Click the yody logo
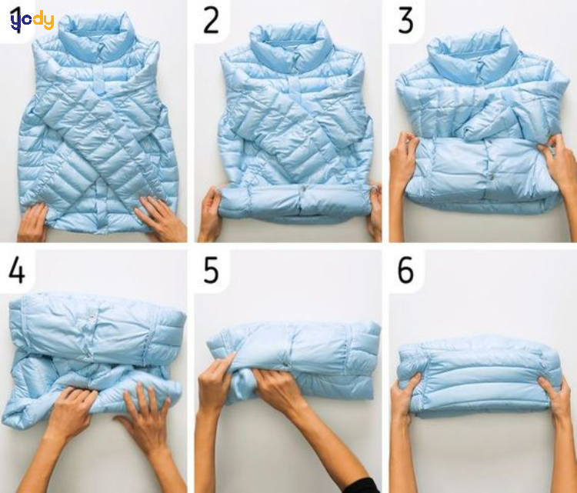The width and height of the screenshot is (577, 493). click(x=32, y=21)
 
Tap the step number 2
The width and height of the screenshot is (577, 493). click(x=212, y=22)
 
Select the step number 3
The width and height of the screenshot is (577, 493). click(x=405, y=22)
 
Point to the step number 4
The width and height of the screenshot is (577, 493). click(x=17, y=271)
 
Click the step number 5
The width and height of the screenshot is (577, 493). click(x=212, y=271)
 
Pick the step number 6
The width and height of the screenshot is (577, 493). click(x=405, y=271)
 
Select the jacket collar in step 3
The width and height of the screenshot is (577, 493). click(x=474, y=56)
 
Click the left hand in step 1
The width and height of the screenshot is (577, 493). click(x=32, y=222)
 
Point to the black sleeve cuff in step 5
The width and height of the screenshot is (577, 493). click(x=362, y=485)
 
